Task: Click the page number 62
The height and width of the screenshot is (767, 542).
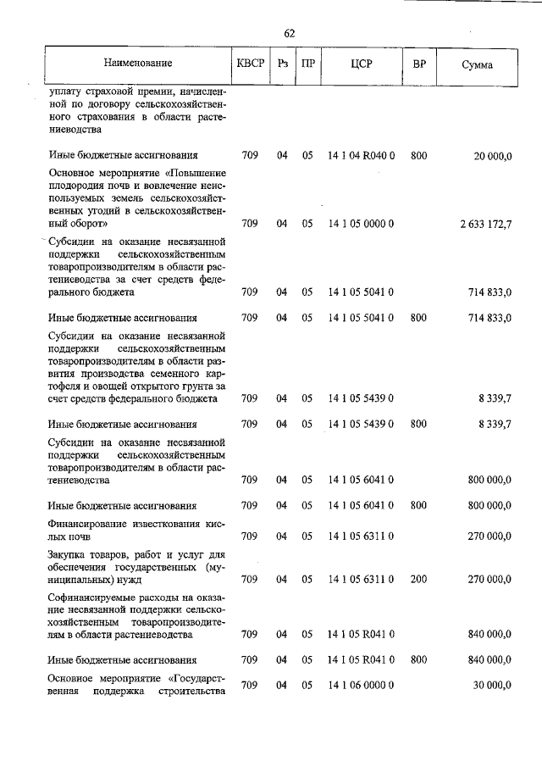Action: [x=289, y=33]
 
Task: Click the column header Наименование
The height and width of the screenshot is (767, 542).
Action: [x=138, y=64]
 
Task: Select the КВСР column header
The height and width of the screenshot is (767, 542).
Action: [x=250, y=64]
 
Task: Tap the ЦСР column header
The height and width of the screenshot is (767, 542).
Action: [x=362, y=64]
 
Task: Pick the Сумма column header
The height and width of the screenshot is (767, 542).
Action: [x=478, y=64]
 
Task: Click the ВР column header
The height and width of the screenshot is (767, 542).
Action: [x=418, y=64]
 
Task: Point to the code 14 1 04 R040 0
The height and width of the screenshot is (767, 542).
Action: [x=362, y=155]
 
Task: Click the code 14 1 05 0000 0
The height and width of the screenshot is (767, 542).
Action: [x=362, y=224]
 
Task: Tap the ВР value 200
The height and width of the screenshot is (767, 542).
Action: [x=418, y=580]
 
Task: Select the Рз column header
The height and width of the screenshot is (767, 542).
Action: [x=283, y=64]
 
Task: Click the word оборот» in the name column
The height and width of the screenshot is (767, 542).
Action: [x=86, y=224]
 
